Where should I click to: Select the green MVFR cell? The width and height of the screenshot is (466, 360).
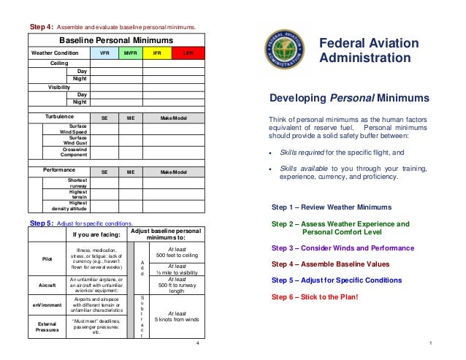click(x=131, y=53)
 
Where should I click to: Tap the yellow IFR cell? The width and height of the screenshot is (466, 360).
click(x=157, y=53)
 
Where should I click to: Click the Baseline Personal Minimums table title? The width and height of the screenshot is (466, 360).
click(x=115, y=39)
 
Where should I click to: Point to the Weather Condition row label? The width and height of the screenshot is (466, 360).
click(x=54, y=53)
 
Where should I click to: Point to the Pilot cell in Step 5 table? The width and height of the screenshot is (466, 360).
click(x=47, y=258)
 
